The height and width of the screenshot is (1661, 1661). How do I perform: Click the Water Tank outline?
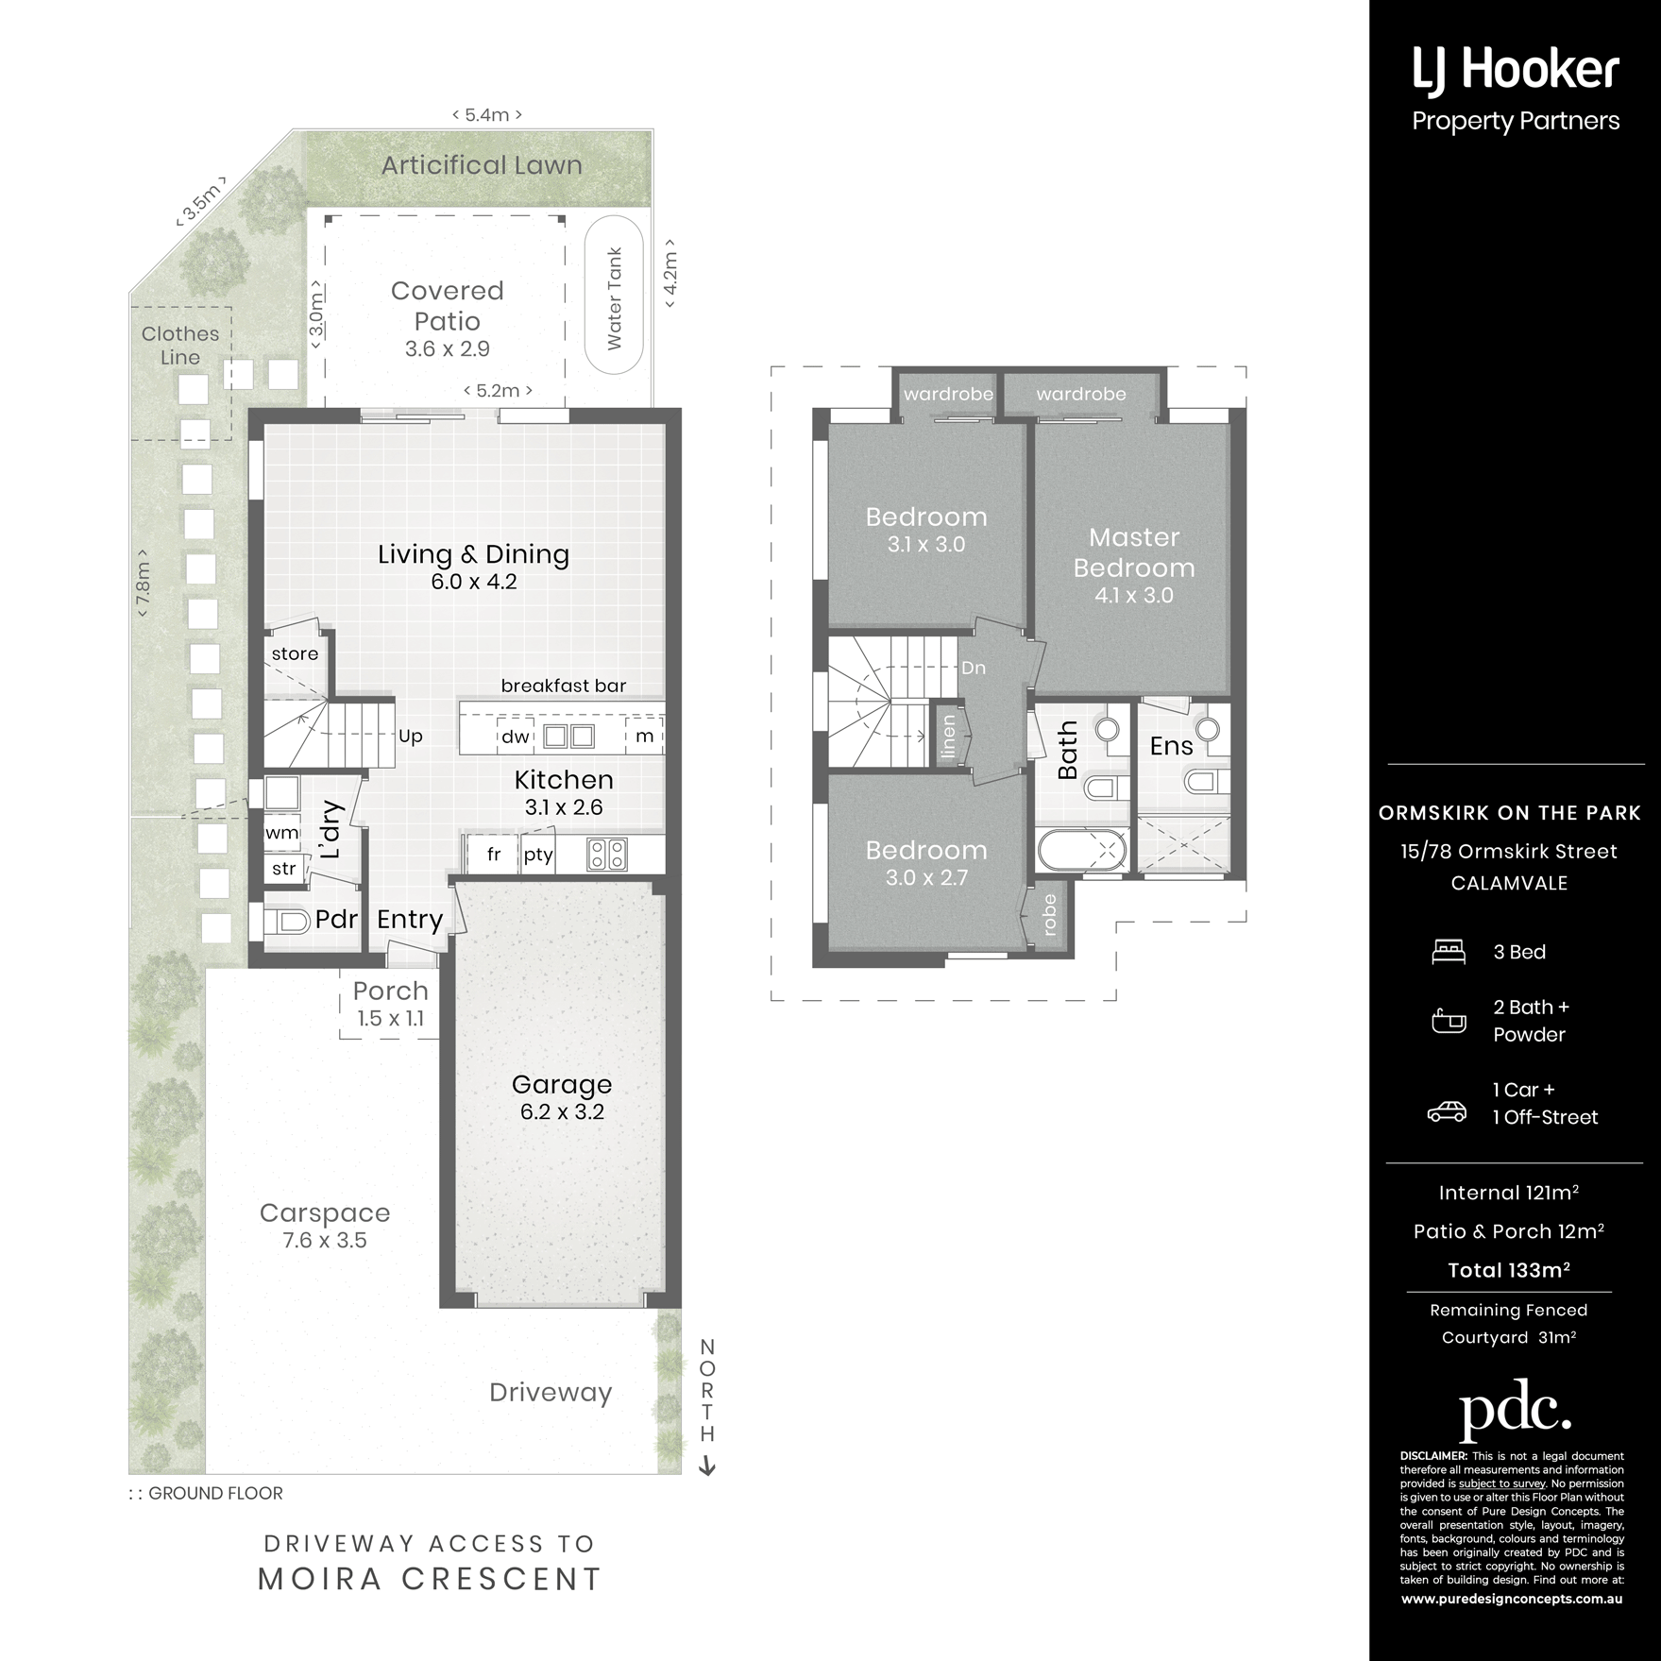tap(585, 297)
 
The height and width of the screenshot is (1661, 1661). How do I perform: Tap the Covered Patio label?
tap(448, 306)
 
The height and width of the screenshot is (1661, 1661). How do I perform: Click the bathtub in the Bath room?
tap(1082, 850)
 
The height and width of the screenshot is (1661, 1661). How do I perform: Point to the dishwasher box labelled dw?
tap(516, 736)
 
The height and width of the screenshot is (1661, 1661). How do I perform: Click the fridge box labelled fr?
tap(493, 855)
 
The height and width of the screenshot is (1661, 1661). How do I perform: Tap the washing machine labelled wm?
tap(282, 833)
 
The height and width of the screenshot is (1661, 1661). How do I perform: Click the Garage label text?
tap(562, 1084)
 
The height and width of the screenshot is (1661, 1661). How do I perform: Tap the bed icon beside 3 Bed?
tap(1449, 951)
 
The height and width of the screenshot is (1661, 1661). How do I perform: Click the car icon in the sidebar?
tap(1447, 1111)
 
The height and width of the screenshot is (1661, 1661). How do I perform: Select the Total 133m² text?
tap(1509, 1270)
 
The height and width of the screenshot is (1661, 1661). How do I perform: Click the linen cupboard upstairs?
tap(947, 736)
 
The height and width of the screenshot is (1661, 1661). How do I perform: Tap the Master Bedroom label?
tap(1134, 552)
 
